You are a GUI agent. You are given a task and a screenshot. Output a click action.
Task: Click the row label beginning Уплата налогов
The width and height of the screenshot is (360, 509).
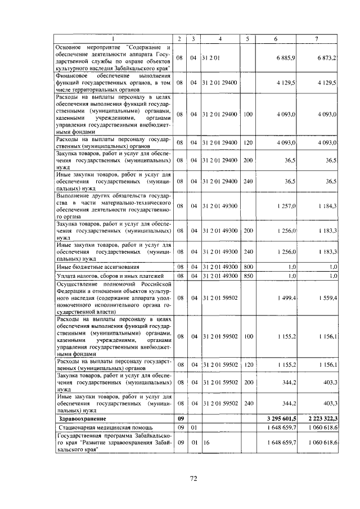coord(110,276)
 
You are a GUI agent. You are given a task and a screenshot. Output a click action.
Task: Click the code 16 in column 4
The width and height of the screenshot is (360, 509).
coord(206,443)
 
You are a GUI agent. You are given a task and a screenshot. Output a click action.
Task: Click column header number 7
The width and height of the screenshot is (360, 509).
coord(317,38)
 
